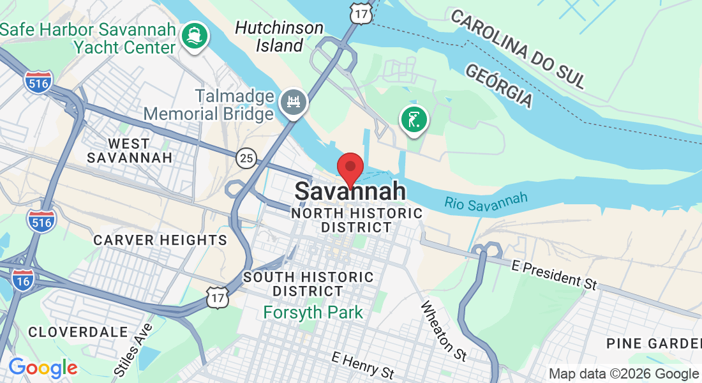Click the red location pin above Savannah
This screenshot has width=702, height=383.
[350, 169]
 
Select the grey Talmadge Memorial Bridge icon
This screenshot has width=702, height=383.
[294, 101]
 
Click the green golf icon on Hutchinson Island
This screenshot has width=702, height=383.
[414, 119]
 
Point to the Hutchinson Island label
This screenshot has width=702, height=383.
[280, 36]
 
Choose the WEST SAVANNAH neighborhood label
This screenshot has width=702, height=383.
[130, 150]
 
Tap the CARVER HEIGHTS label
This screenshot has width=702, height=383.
[160, 240]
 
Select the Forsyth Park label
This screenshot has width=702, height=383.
[313, 312]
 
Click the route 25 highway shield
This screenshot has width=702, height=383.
[246, 158]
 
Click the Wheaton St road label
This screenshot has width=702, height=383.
[444, 329]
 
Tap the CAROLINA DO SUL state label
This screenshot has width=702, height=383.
[518, 48]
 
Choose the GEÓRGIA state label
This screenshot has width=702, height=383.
[499, 86]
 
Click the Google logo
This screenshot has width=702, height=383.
[43, 367]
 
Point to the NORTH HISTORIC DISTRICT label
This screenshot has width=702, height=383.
[357, 220]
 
